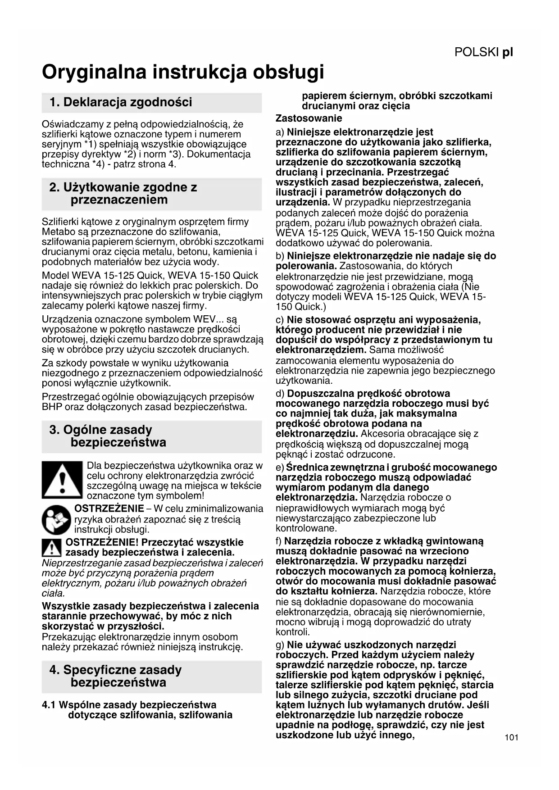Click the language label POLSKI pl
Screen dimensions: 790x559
(483, 52)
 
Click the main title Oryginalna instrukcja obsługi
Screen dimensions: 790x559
(183, 72)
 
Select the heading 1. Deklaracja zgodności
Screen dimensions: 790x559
(121, 102)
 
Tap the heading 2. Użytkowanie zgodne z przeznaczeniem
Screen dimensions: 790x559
(123, 194)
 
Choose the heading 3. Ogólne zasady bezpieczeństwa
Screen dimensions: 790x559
(108, 436)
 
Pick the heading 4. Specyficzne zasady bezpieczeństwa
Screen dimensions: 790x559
(115, 676)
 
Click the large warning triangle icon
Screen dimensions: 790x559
(62, 480)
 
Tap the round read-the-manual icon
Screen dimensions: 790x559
(56, 520)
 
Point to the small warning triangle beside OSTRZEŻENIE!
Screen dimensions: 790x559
(52, 548)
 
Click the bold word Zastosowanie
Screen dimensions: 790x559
(309, 118)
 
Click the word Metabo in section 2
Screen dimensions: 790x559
(56, 232)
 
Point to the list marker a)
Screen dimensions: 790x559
(280, 132)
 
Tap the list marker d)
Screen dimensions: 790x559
(280, 394)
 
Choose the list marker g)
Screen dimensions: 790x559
(280, 645)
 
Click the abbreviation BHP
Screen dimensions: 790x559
(52, 407)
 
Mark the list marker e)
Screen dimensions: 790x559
(280, 468)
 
